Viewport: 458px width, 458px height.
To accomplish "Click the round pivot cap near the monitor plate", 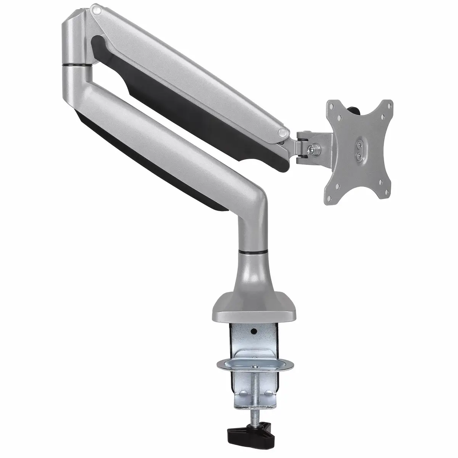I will pyautogui.click(x=283, y=132).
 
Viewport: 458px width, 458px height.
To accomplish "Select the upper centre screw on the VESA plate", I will pyautogui.click(x=358, y=144).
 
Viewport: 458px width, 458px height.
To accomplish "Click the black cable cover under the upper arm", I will pyautogui.click(x=191, y=114).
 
